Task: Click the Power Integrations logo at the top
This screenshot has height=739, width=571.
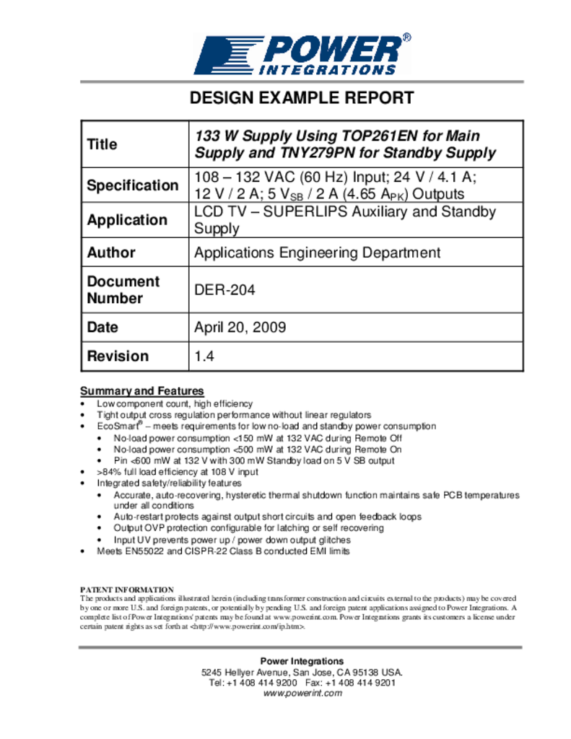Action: [302, 53]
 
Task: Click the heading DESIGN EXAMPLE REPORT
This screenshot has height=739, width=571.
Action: [301, 98]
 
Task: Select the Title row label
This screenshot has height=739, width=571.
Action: [102, 144]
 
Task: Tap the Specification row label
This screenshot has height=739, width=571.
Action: [132, 185]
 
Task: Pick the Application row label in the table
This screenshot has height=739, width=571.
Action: [126, 220]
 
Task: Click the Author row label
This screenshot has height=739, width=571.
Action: [110, 253]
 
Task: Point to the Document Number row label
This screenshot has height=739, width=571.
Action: [123, 289]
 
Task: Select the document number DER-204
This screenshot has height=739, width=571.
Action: [225, 290]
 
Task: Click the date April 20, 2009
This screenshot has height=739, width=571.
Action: [240, 327]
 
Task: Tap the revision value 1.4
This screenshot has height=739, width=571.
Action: [204, 356]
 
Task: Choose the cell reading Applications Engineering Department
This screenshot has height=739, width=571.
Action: [317, 253]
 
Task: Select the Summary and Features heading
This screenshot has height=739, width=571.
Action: [141, 390]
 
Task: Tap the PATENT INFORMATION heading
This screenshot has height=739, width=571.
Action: [126, 590]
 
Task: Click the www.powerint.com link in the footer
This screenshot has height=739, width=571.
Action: [302, 693]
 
